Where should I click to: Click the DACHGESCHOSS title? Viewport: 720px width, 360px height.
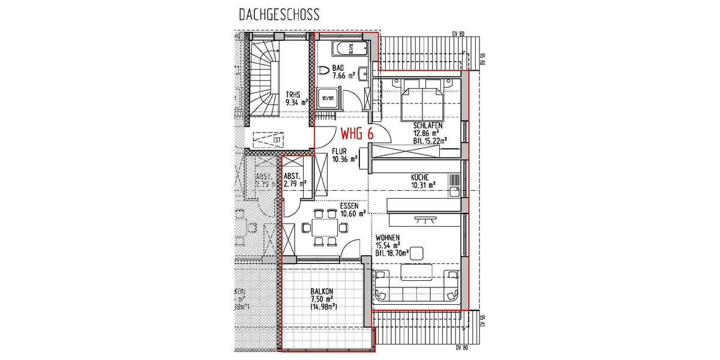278,13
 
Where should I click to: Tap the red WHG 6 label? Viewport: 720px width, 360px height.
357,134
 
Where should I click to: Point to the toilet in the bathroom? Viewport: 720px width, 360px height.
325,71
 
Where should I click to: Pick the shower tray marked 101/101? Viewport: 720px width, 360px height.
328,99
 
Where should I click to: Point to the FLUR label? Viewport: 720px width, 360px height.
340,151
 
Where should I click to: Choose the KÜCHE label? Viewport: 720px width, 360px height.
419,178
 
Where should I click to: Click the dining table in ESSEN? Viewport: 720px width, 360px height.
325,227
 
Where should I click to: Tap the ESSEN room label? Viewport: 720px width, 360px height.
349,205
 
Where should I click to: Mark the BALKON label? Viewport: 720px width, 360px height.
322,292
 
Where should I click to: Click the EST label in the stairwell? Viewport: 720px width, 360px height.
277,141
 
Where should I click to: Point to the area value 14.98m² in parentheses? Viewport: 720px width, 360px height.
323,307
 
